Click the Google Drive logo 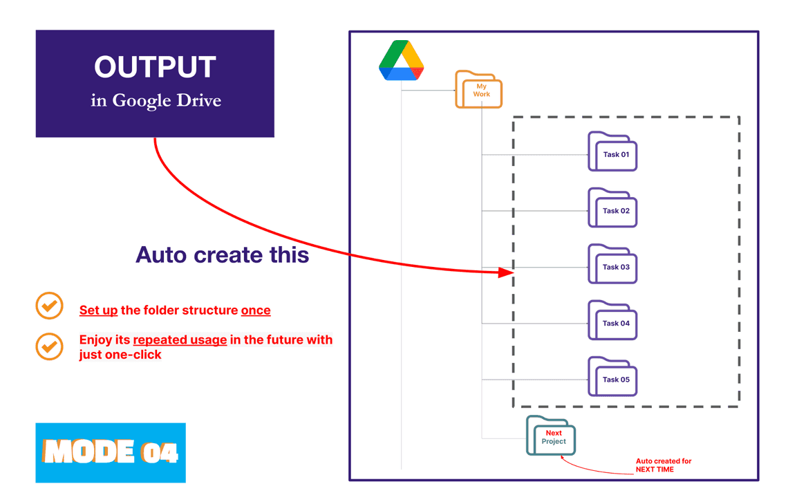[402, 61]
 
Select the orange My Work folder [478, 90]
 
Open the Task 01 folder [612, 153]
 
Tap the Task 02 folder [612, 209]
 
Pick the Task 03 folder [612, 265]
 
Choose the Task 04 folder [612, 322]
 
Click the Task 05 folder [612, 378]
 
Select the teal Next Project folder [551, 436]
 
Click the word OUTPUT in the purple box [155, 67]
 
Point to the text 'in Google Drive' [156, 101]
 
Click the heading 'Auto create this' [222, 254]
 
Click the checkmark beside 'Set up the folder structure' [49, 306]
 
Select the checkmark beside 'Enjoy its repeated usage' [49, 346]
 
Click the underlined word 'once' [256, 310]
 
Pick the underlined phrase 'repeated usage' [180, 340]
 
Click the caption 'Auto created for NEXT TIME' [663, 465]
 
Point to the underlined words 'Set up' [98, 310]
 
